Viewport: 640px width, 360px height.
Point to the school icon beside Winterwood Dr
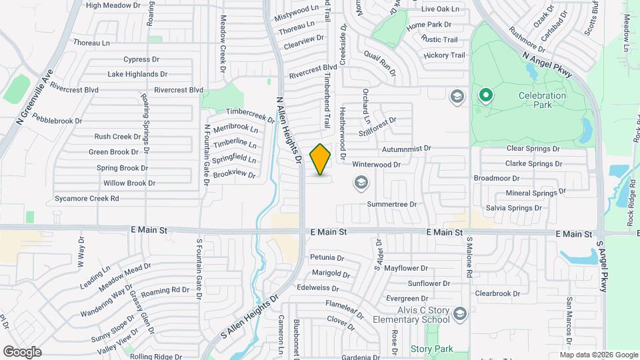pyautogui.click(x=361, y=182)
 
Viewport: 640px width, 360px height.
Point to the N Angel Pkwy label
pyautogui.click(x=548, y=65)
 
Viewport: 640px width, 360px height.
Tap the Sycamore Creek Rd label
pyautogui.click(x=87, y=198)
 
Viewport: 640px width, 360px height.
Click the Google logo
pyautogui.click(x=22, y=351)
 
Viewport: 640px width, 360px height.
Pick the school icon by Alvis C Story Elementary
pyautogui.click(x=459, y=313)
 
